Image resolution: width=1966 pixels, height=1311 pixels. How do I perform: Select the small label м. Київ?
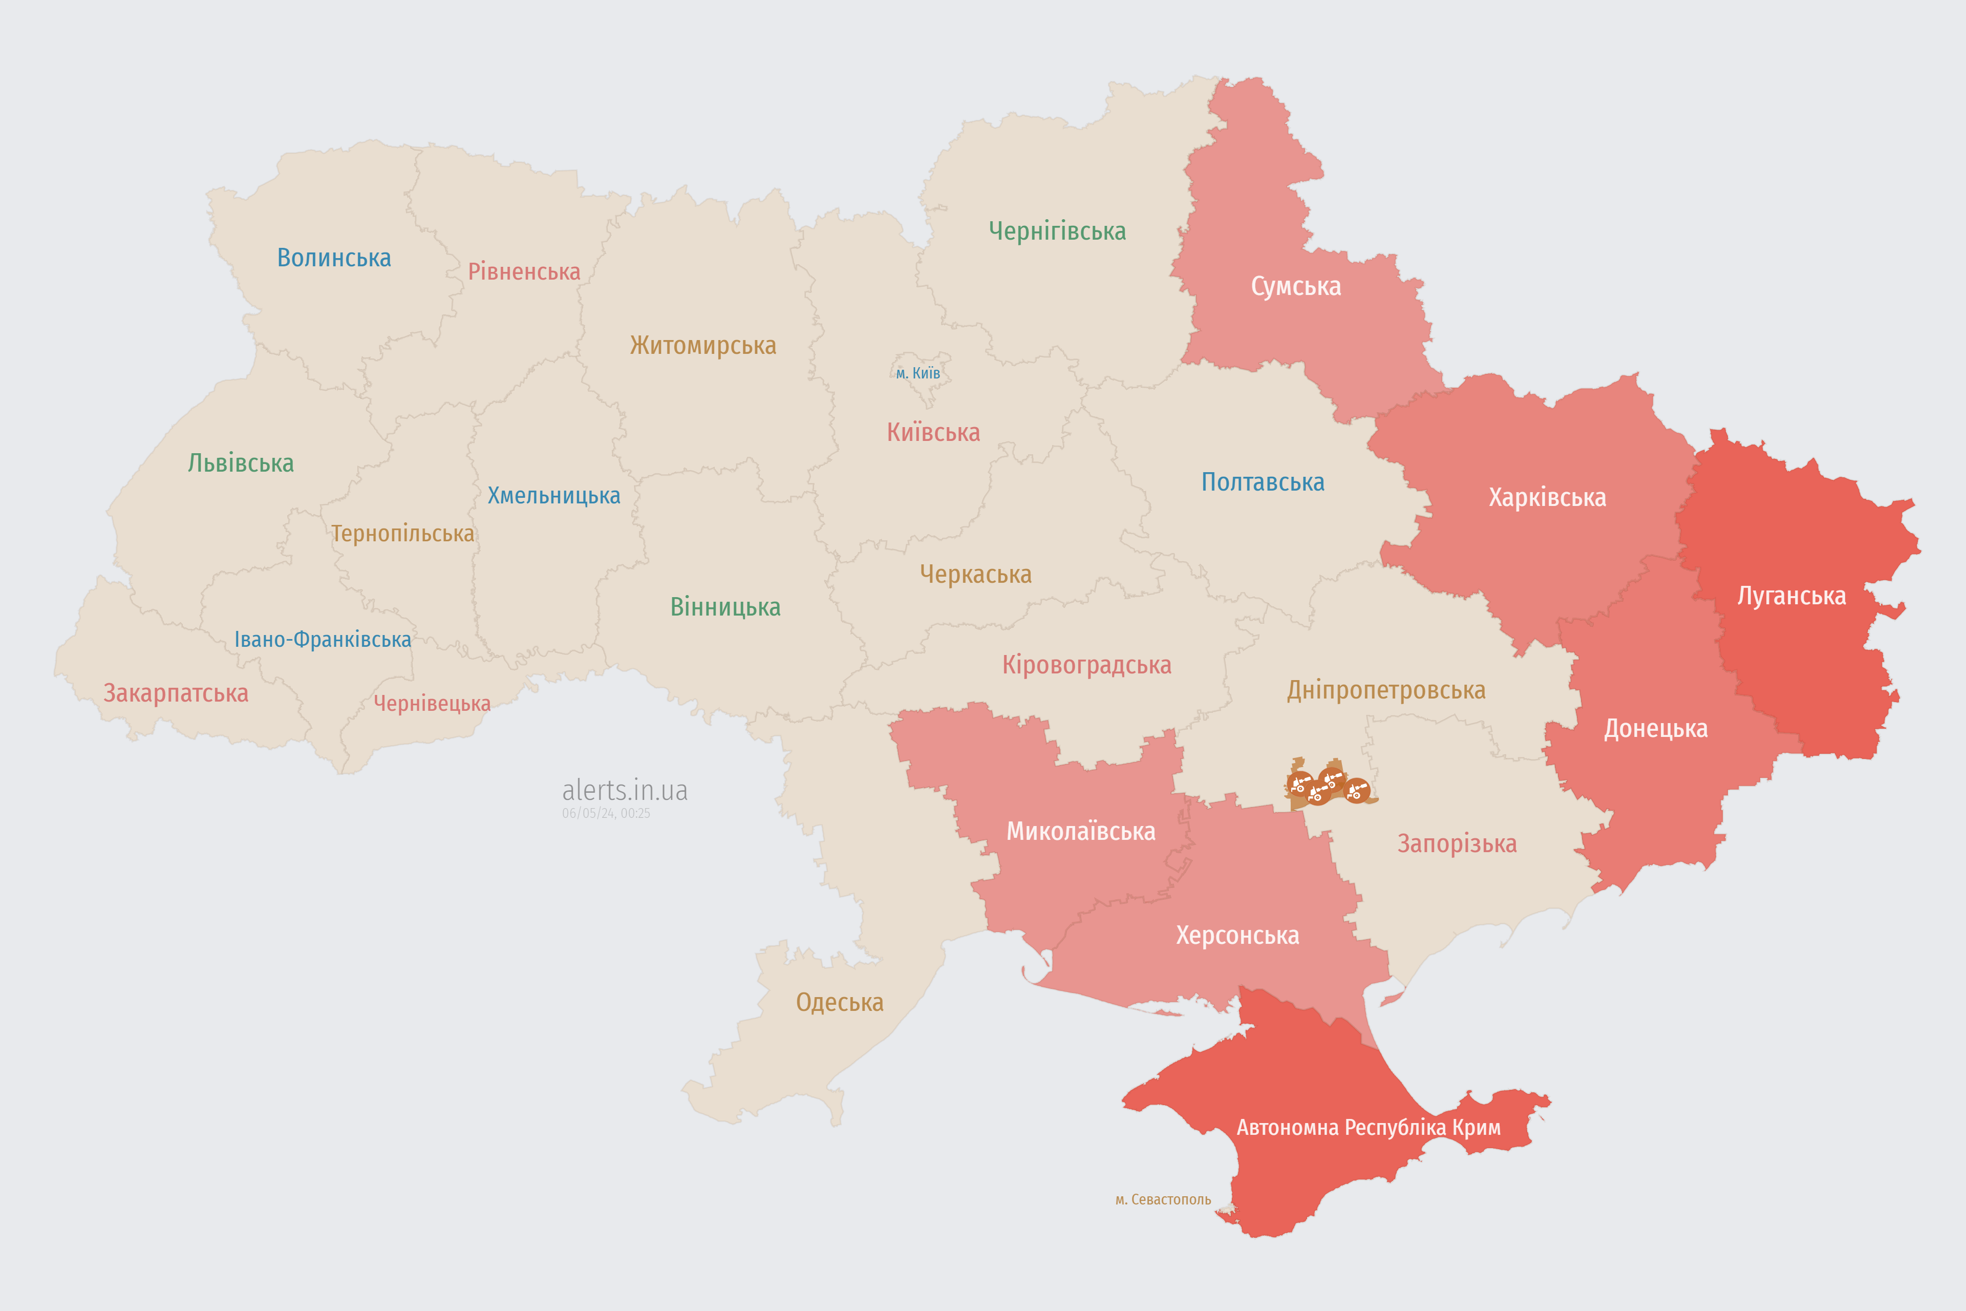[x=918, y=373]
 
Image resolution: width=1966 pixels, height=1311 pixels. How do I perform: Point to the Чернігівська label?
[x=1057, y=231]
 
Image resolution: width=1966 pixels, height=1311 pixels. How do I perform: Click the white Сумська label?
[x=1296, y=287]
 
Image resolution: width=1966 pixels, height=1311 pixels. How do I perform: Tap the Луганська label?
[x=1791, y=596]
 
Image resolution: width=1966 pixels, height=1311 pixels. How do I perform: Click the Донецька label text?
[x=1655, y=729]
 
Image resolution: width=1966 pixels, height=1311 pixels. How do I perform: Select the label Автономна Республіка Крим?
[x=1369, y=1128]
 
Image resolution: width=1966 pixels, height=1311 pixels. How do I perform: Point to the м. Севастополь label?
[x=1163, y=1200]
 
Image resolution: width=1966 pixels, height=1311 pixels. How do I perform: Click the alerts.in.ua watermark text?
[x=625, y=790]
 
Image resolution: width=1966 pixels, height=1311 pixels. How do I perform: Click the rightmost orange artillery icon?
[x=1357, y=790]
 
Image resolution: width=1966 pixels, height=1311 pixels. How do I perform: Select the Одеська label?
[x=839, y=1003]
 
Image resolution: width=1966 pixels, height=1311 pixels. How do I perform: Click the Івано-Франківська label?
[x=323, y=640]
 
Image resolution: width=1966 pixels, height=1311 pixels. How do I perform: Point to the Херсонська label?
[x=1237, y=936]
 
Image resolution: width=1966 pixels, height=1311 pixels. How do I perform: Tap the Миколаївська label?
[x=1081, y=832]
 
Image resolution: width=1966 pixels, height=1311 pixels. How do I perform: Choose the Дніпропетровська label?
[x=1386, y=691]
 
